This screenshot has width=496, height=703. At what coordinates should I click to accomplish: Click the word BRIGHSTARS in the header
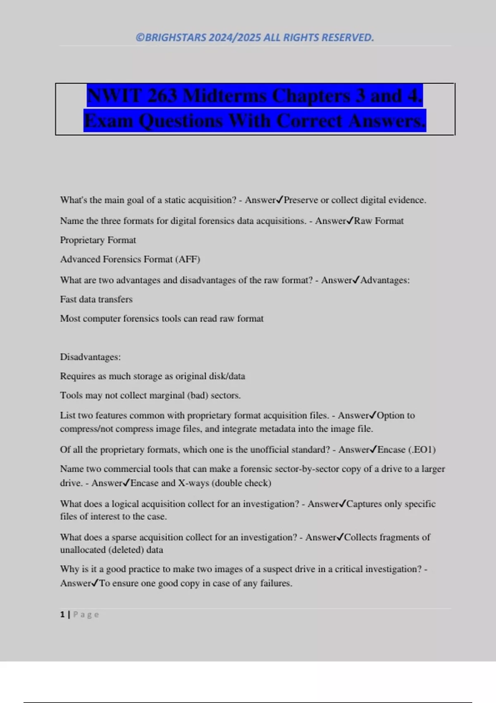coord(175,38)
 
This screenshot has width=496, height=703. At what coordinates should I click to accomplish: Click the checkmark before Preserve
coord(279,200)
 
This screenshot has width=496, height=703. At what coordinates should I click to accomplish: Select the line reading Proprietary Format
coord(98,240)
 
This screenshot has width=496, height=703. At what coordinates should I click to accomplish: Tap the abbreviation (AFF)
coord(188,259)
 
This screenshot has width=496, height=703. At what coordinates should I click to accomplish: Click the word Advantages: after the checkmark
coord(385,280)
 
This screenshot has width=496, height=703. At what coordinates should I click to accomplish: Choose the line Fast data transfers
coord(96,299)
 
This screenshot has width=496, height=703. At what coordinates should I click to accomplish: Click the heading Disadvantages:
coord(91,357)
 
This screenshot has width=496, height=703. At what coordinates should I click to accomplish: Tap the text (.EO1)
coord(422,450)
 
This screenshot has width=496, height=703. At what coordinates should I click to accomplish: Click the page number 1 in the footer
coord(62,615)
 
